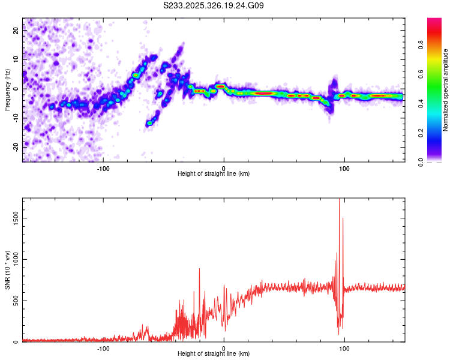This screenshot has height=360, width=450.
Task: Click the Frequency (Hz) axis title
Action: pyautogui.click(x=7, y=89)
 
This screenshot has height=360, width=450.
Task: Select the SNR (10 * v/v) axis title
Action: pyautogui.click(x=7, y=270)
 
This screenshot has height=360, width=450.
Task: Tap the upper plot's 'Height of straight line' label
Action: pyautogui.click(x=214, y=173)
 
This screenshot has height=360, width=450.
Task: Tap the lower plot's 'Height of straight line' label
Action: pyautogui.click(x=214, y=353)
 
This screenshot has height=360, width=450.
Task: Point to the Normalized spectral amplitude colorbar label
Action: pyautogui.click(x=446, y=90)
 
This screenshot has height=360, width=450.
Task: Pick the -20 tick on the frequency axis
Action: pyautogui.click(x=15, y=146)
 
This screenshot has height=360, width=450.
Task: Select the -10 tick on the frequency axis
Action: pyautogui.click(x=15, y=118)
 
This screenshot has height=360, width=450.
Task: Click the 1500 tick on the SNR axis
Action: pyautogui.click(x=13, y=220)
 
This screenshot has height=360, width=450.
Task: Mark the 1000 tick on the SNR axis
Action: pyautogui.click(x=13, y=260)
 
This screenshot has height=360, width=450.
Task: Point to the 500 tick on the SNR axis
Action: pyautogui.click(x=14, y=301)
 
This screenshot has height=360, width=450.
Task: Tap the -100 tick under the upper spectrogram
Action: pyautogui.click(x=103, y=167)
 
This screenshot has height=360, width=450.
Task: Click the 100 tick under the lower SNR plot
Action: pyautogui.click(x=344, y=347)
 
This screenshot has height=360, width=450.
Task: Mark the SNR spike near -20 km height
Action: pyautogui.click(x=199, y=269)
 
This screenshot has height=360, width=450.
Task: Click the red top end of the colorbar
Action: pyautogui.click(x=434, y=20)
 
